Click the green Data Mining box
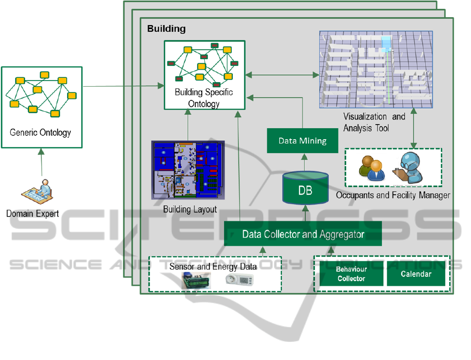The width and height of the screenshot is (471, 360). [302, 141]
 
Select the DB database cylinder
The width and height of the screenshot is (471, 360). [305, 189]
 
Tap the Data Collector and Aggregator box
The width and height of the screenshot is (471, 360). [303, 234]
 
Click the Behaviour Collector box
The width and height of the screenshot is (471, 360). [351, 274]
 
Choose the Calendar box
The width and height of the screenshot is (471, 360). [416, 274]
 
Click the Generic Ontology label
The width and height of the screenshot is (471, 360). [41, 132]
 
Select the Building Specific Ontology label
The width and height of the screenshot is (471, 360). [204, 98]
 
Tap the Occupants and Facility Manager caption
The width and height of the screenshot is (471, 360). [393, 195]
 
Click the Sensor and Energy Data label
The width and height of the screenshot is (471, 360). [213, 266]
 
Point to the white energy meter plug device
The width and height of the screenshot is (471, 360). [239, 281]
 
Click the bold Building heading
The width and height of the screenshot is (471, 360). [166, 29]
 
